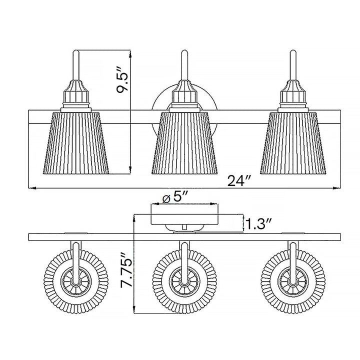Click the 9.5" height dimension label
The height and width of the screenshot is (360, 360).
point(121,79)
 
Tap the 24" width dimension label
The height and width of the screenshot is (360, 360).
point(238,181)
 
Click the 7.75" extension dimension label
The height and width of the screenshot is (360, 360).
point(127,270)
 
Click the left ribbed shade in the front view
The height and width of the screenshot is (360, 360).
point(76,142)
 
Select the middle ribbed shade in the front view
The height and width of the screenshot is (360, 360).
point(184,142)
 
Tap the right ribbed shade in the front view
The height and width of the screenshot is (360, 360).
point(293,142)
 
